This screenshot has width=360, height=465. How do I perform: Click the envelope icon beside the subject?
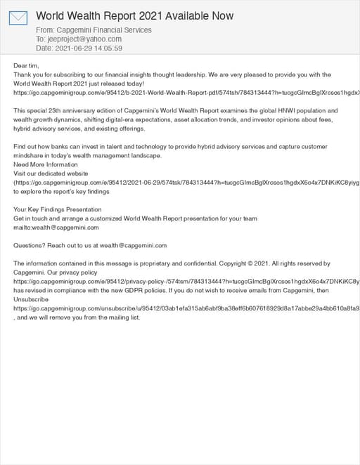[x=18, y=18]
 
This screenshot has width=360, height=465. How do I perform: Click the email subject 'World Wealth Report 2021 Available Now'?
[x=134, y=15]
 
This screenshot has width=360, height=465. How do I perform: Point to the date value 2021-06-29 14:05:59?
[x=89, y=48]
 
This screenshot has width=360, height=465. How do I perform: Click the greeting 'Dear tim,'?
[x=27, y=65]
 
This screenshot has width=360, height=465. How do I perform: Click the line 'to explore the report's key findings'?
[x=62, y=191]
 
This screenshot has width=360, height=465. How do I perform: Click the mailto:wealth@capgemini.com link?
[x=56, y=228]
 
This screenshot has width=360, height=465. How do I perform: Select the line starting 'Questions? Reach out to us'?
[x=90, y=246]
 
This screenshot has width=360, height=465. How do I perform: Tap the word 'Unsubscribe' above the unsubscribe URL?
[x=32, y=299]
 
